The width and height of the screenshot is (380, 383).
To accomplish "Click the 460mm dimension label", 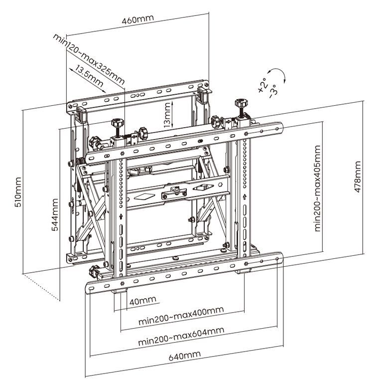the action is tap(138, 19).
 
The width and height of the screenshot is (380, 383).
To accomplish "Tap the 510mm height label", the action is tap(18, 192).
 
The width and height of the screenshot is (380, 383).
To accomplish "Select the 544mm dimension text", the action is tap(55, 214).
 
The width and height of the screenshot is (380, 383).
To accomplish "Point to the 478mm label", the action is tap(358, 177).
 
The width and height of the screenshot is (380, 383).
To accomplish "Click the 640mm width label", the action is tap(185, 356).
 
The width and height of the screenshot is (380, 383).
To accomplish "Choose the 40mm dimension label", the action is tap(142, 301).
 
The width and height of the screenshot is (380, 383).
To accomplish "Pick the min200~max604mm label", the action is tap(181, 336).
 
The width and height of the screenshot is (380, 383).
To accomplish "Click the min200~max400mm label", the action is tap(181, 316).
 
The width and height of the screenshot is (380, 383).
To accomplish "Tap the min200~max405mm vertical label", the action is tap(317, 189).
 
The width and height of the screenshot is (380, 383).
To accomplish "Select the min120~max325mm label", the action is tap(89, 59).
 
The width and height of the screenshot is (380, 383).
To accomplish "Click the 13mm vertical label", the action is tap(167, 115).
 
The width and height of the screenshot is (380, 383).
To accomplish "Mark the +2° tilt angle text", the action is tap(263, 85).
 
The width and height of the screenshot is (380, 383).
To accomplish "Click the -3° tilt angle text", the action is tap(273, 91).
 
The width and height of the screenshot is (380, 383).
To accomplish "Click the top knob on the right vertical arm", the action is tap(242, 103).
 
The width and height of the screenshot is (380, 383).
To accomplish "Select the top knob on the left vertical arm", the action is tap(118, 122).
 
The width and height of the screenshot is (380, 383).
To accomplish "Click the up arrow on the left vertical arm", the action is tap(121, 216).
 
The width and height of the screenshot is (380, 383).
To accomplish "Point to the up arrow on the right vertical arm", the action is tap(245, 196).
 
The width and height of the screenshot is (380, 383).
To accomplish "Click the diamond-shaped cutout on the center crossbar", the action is tap(144, 196).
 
